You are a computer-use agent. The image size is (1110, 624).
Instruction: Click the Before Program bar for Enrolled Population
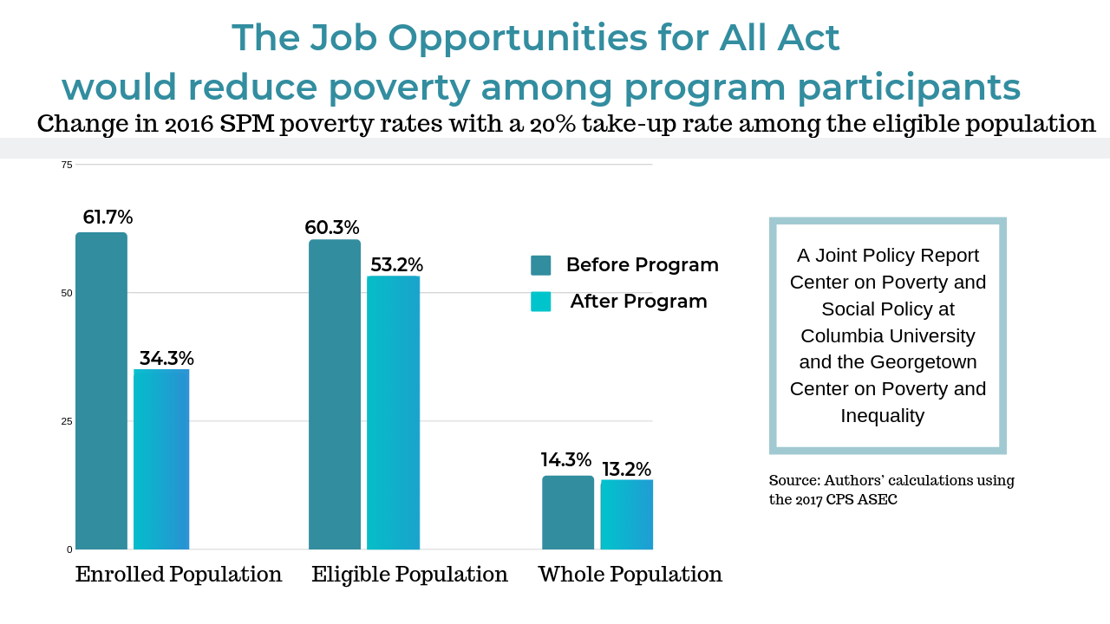point(101,390)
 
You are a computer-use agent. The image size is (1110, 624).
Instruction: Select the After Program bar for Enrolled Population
point(161,459)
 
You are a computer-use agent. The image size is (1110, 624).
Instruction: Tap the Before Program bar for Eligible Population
point(335,394)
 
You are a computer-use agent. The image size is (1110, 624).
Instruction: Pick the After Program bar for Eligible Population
point(393,413)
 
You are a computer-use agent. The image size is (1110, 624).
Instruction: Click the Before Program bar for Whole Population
point(568,512)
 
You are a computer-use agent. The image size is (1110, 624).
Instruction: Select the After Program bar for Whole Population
point(627,515)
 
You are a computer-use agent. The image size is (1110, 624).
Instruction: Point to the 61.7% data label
point(108,218)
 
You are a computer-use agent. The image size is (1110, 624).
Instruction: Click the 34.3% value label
point(166,358)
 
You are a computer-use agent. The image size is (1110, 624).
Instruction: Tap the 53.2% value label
point(396,264)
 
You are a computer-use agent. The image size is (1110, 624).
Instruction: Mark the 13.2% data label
point(626,470)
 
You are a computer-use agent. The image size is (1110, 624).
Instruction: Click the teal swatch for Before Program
point(540,265)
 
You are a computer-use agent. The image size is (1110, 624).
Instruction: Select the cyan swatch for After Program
point(540,302)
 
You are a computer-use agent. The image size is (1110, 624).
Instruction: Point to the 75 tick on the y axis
point(67,165)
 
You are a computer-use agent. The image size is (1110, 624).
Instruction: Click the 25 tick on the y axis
point(67,421)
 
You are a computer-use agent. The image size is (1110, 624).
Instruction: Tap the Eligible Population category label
point(409,575)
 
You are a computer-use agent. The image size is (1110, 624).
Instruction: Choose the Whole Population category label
point(630,575)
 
